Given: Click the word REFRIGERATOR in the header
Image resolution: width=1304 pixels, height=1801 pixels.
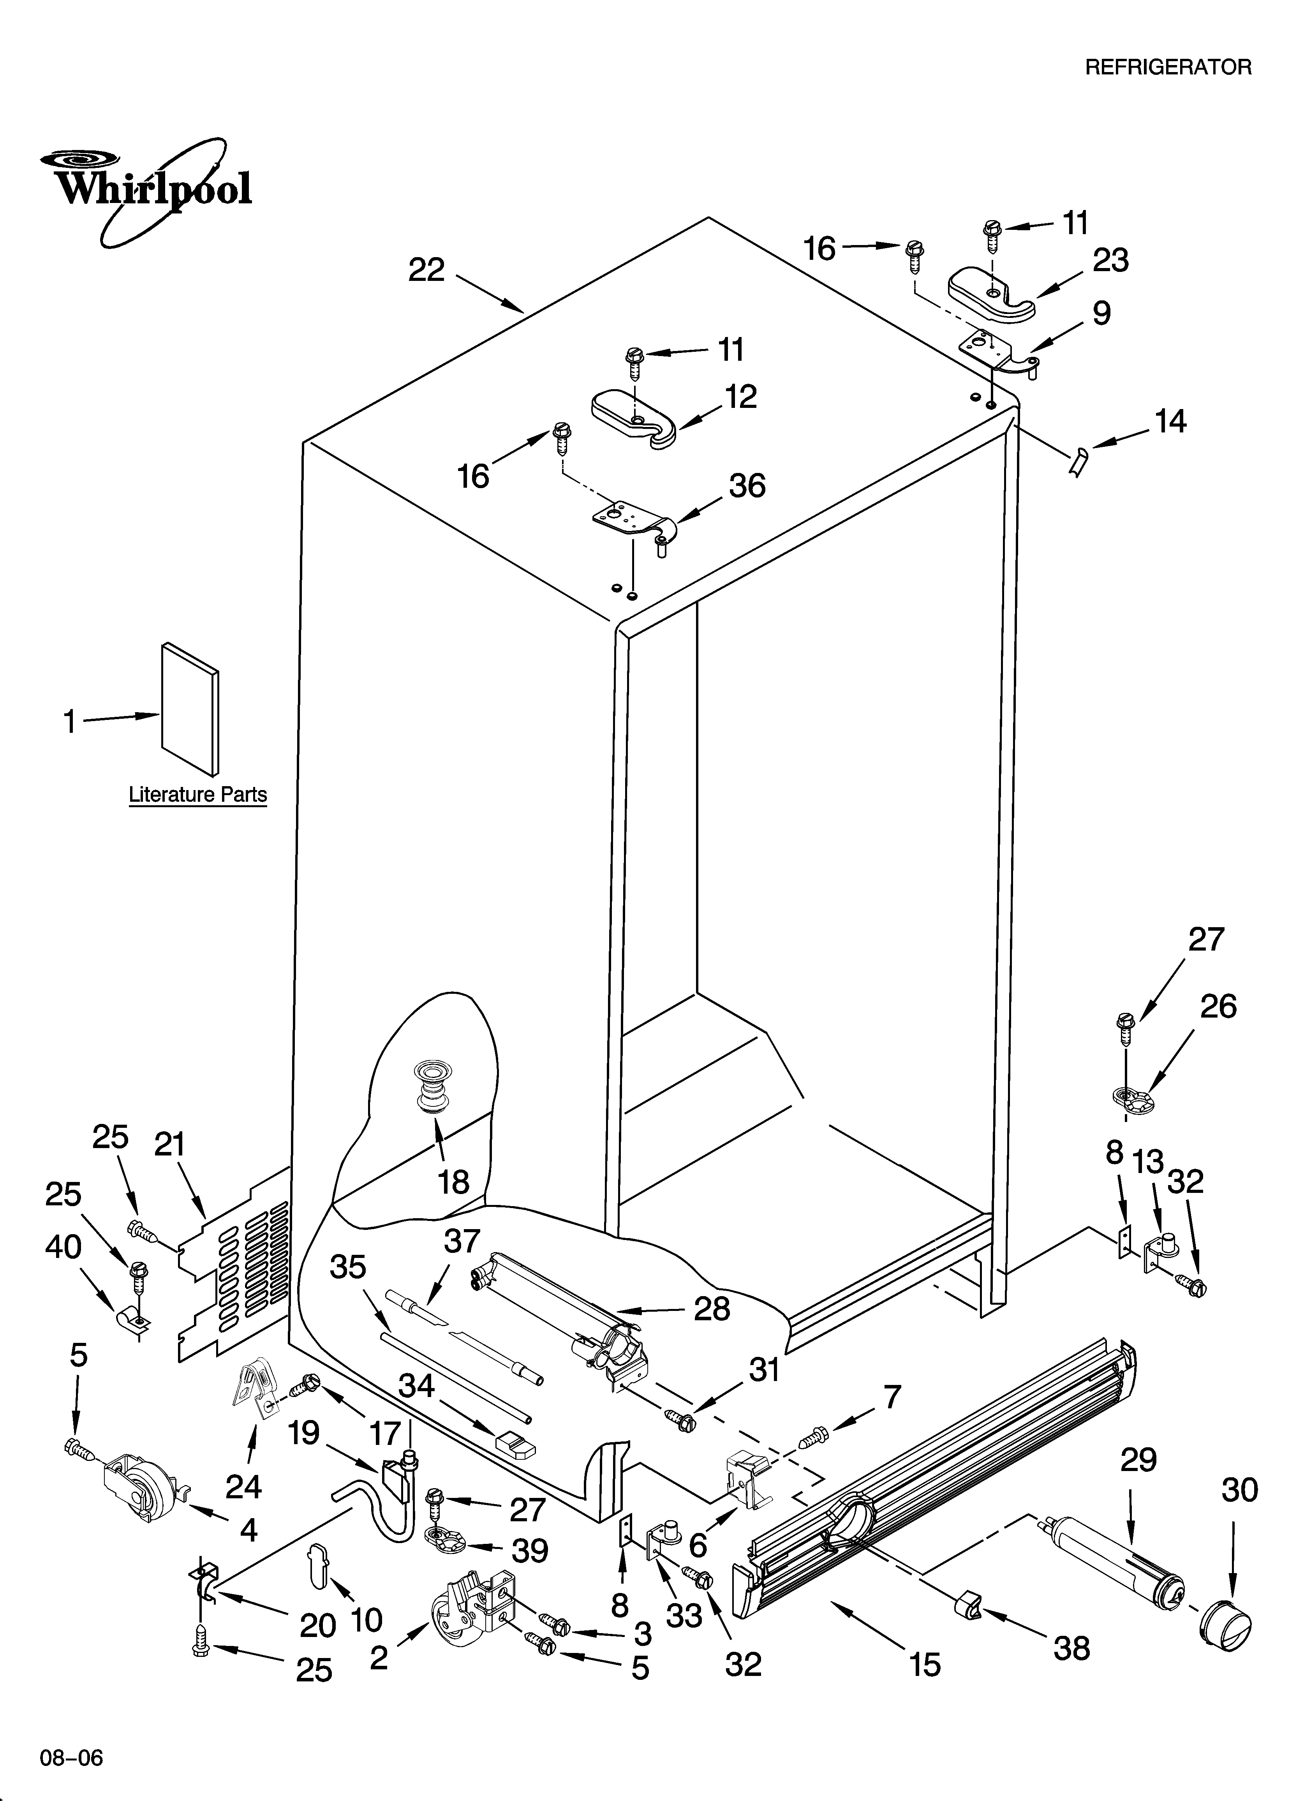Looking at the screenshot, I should click(1167, 67).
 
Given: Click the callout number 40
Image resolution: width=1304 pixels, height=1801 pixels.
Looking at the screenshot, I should click(63, 1247).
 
